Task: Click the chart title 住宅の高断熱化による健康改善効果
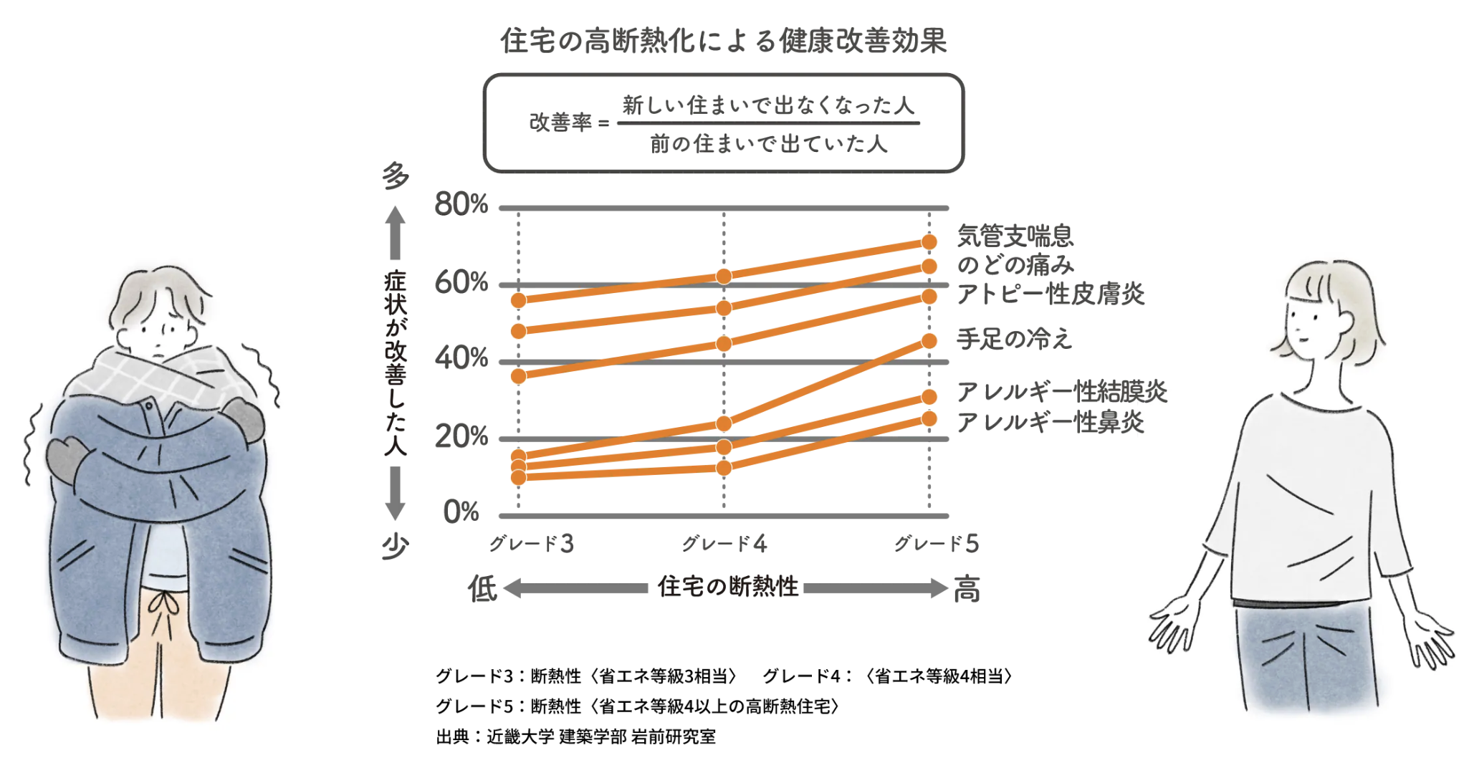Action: (x=724, y=41)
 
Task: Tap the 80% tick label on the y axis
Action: (x=461, y=205)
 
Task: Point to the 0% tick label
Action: (x=461, y=512)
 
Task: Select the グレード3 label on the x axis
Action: (x=531, y=544)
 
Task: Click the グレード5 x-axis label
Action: (x=936, y=544)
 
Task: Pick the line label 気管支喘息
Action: (x=1015, y=235)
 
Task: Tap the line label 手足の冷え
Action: (x=1014, y=339)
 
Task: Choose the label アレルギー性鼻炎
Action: (x=1050, y=422)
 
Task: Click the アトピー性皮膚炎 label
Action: (x=1051, y=294)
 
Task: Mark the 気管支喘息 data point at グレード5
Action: (x=929, y=242)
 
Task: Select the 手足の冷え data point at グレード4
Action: (x=724, y=424)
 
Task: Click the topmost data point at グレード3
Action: (x=518, y=300)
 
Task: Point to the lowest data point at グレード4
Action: (x=724, y=468)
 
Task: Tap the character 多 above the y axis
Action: (x=395, y=176)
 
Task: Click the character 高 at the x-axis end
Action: (x=967, y=589)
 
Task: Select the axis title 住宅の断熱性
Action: (x=727, y=587)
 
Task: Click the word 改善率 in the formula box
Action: (x=560, y=123)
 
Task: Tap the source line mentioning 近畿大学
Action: (x=575, y=737)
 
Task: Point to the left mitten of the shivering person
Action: (x=67, y=459)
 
